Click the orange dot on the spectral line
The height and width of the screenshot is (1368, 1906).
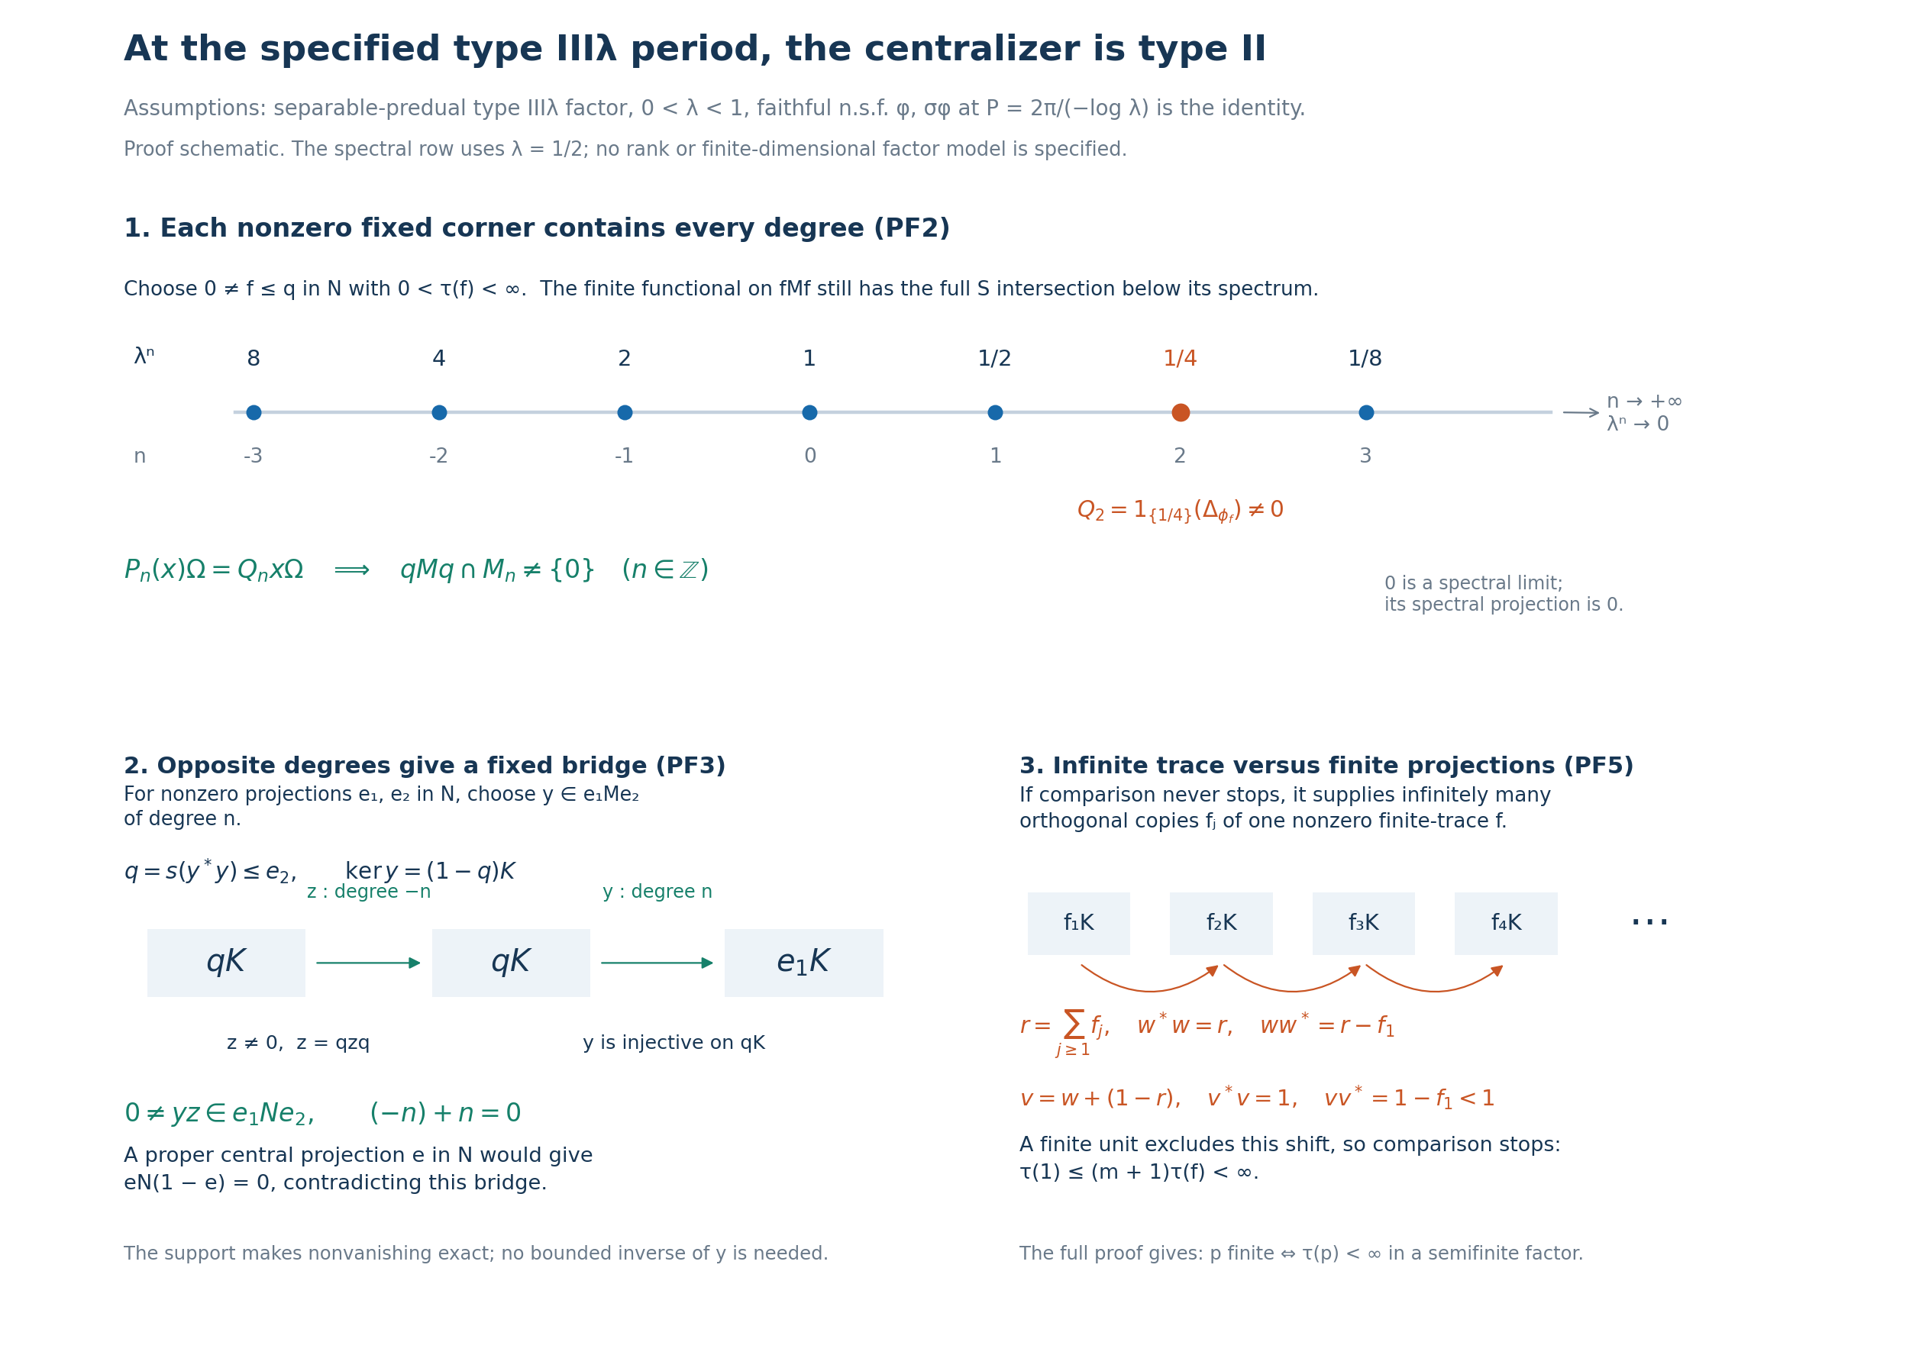[x=1180, y=412]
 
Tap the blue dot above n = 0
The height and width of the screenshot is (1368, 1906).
[x=809, y=412]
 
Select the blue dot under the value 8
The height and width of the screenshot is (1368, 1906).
[x=254, y=412]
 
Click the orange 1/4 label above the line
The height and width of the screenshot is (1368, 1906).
[x=1180, y=359]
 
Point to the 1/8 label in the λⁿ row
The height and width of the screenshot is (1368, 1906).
[x=1365, y=359]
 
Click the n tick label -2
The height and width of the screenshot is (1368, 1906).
[x=438, y=457]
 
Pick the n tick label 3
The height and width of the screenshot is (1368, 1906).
[x=1365, y=457]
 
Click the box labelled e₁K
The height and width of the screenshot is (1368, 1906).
[x=803, y=963]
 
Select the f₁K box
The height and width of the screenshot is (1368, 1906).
[x=1078, y=924]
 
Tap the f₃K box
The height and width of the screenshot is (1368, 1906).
[x=1363, y=924]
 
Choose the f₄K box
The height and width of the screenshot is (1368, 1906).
[x=1506, y=924]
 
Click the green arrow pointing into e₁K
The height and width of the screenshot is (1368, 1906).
[x=657, y=963]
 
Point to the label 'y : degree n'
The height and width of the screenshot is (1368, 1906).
[x=657, y=892]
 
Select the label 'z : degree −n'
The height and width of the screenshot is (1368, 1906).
[x=369, y=892]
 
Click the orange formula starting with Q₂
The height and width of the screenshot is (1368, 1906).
[x=1180, y=511]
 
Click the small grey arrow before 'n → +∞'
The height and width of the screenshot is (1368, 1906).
[x=1581, y=412]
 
